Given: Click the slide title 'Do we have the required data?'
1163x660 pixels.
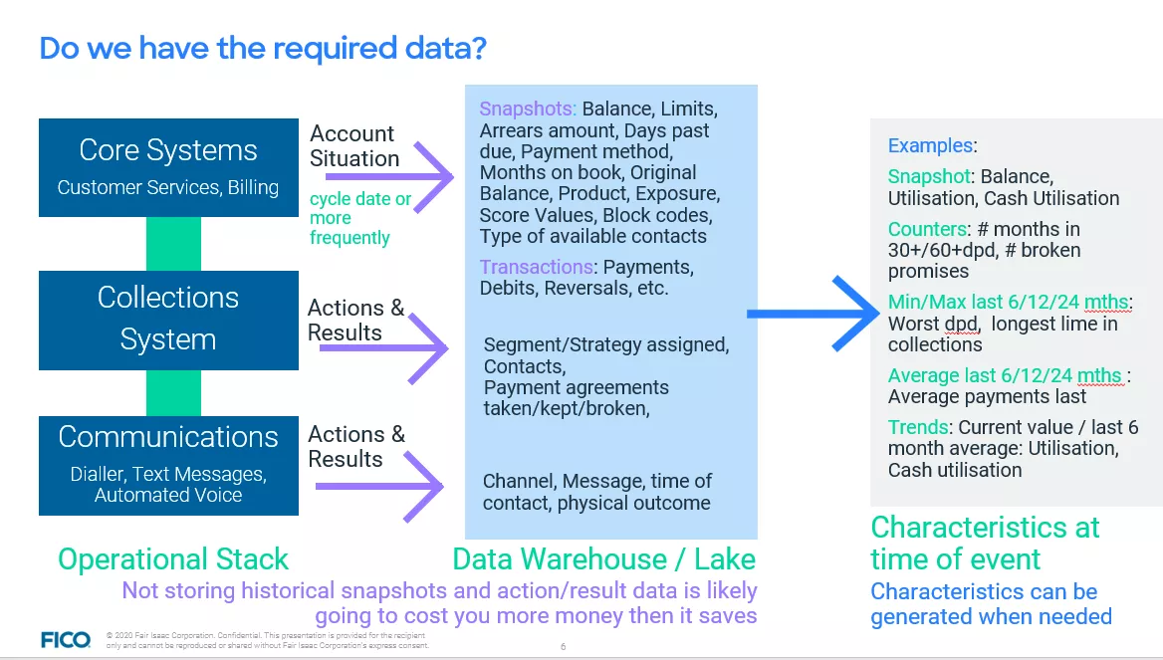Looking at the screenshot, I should tap(263, 48).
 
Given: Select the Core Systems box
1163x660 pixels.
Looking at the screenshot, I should tap(168, 167).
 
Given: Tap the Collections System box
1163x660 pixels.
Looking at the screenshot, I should tap(168, 318).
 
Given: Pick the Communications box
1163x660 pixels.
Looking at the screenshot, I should tap(168, 465).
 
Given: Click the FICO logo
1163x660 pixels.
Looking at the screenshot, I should tap(66, 639).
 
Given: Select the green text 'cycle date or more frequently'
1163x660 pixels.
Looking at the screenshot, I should tap(359, 218).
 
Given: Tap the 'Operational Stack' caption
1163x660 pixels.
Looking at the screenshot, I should tap(173, 559).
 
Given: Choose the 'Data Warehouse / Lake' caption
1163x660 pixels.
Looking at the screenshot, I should tap(603, 559).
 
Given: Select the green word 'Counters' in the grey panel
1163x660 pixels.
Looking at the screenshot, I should tap(926, 229).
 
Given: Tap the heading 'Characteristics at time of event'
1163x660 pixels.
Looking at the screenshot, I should tap(984, 543).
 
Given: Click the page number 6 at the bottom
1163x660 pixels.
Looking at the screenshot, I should tap(563, 647).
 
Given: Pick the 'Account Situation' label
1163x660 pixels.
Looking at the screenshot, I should tap(353, 145).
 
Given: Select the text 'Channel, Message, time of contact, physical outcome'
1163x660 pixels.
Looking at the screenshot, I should tap(597, 492).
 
